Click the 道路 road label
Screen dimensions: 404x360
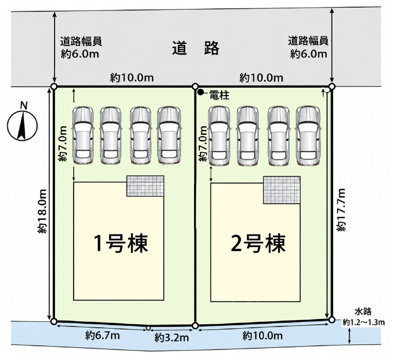[196, 48]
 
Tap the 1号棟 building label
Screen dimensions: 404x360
[121, 243]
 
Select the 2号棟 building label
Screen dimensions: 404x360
[258, 243]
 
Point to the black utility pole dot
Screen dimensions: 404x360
[200, 92]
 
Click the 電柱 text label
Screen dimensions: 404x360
[219, 96]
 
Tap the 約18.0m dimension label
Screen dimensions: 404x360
[42, 211]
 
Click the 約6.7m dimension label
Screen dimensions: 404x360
[102, 336]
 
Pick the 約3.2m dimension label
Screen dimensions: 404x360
[172, 337]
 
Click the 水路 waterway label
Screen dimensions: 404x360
[363, 312]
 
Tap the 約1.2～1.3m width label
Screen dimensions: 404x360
[364, 322]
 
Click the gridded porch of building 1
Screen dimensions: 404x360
[145, 186]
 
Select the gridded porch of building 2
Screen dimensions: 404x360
[282, 190]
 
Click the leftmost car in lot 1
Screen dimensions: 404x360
[83, 135]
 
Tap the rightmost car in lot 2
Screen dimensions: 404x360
[308, 136]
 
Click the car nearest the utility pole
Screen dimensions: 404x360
[219, 136]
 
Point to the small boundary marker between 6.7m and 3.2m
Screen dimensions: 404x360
[148, 328]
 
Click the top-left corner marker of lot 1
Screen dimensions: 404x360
[54, 86]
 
